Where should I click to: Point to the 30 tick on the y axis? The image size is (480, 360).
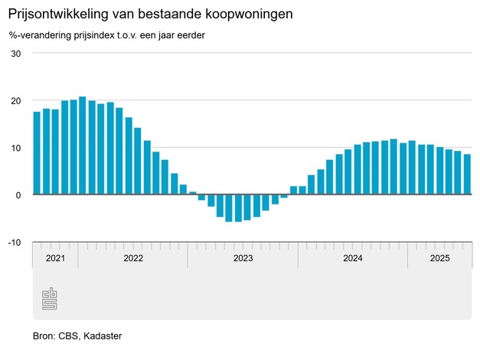[x=15, y=53]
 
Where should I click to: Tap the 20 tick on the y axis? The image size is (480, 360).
[x=15, y=100]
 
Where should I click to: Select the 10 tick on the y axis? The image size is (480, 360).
[x=15, y=147]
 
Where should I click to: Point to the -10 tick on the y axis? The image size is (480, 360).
[x=14, y=242]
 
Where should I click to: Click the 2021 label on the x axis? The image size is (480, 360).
[x=55, y=258]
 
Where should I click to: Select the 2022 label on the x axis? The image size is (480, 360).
[x=133, y=258]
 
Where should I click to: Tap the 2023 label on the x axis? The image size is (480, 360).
[x=243, y=258]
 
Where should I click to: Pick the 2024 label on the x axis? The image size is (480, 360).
[x=353, y=258]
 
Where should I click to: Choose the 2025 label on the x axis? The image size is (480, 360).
[x=439, y=258]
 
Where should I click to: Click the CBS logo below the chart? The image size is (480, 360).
[x=50, y=299]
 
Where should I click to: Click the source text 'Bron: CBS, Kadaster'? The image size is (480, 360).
[x=77, y=335]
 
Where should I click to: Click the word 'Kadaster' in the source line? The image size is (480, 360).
[x=103, y=335]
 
